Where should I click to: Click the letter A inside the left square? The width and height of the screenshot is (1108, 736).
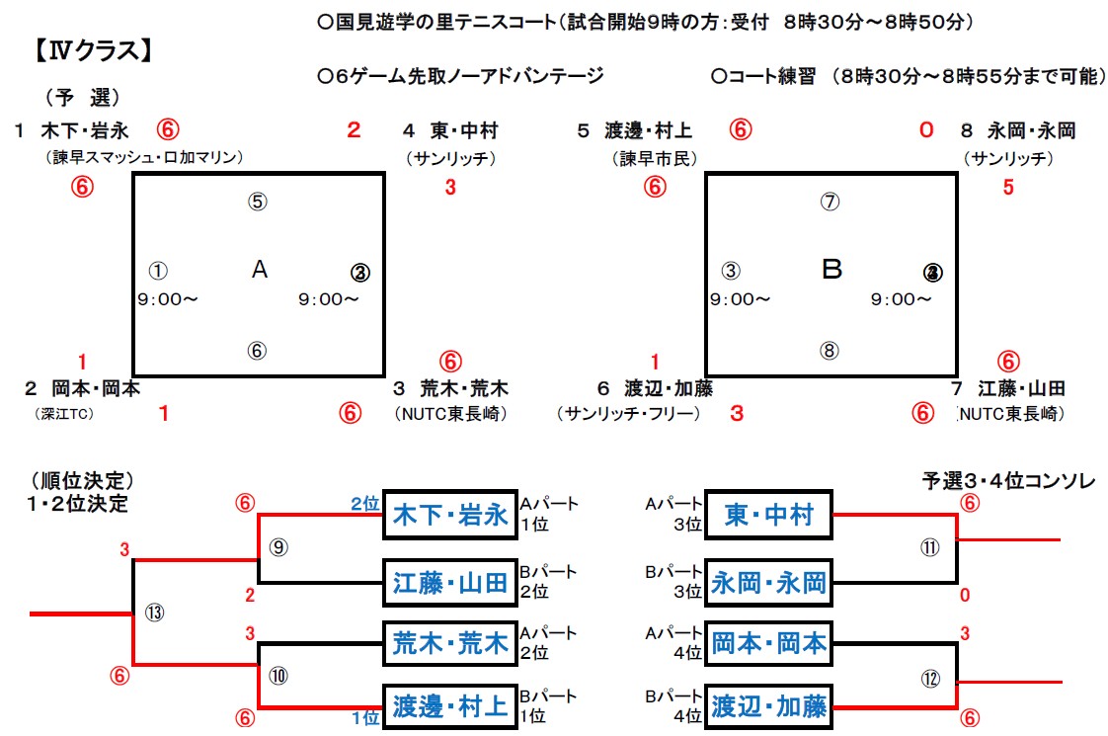click(260, 269)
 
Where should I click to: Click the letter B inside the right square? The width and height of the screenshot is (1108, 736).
click(832, 269)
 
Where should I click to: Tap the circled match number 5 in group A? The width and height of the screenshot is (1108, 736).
click(257, 202)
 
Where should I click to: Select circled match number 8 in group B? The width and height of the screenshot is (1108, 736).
click(830, 350)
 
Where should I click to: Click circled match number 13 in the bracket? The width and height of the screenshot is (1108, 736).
click(153, 613)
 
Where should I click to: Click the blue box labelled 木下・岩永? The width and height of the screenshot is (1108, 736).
click(450, 514)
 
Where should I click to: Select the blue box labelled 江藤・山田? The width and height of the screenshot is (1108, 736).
click(450, 583)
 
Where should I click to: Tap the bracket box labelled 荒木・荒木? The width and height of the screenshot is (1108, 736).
click(450, 644)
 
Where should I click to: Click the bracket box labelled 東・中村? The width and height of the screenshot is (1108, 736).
click(769, 515)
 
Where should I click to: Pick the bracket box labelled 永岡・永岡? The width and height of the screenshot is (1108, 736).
click(769, 583)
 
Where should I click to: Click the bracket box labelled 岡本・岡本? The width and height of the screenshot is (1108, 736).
click(769, 644)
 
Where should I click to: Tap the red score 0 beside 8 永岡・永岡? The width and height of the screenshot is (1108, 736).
click(925, 129)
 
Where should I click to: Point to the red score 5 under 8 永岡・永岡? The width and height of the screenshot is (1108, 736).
click(1008, 188)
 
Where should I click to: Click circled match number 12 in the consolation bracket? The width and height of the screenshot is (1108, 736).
click(929, 679)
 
